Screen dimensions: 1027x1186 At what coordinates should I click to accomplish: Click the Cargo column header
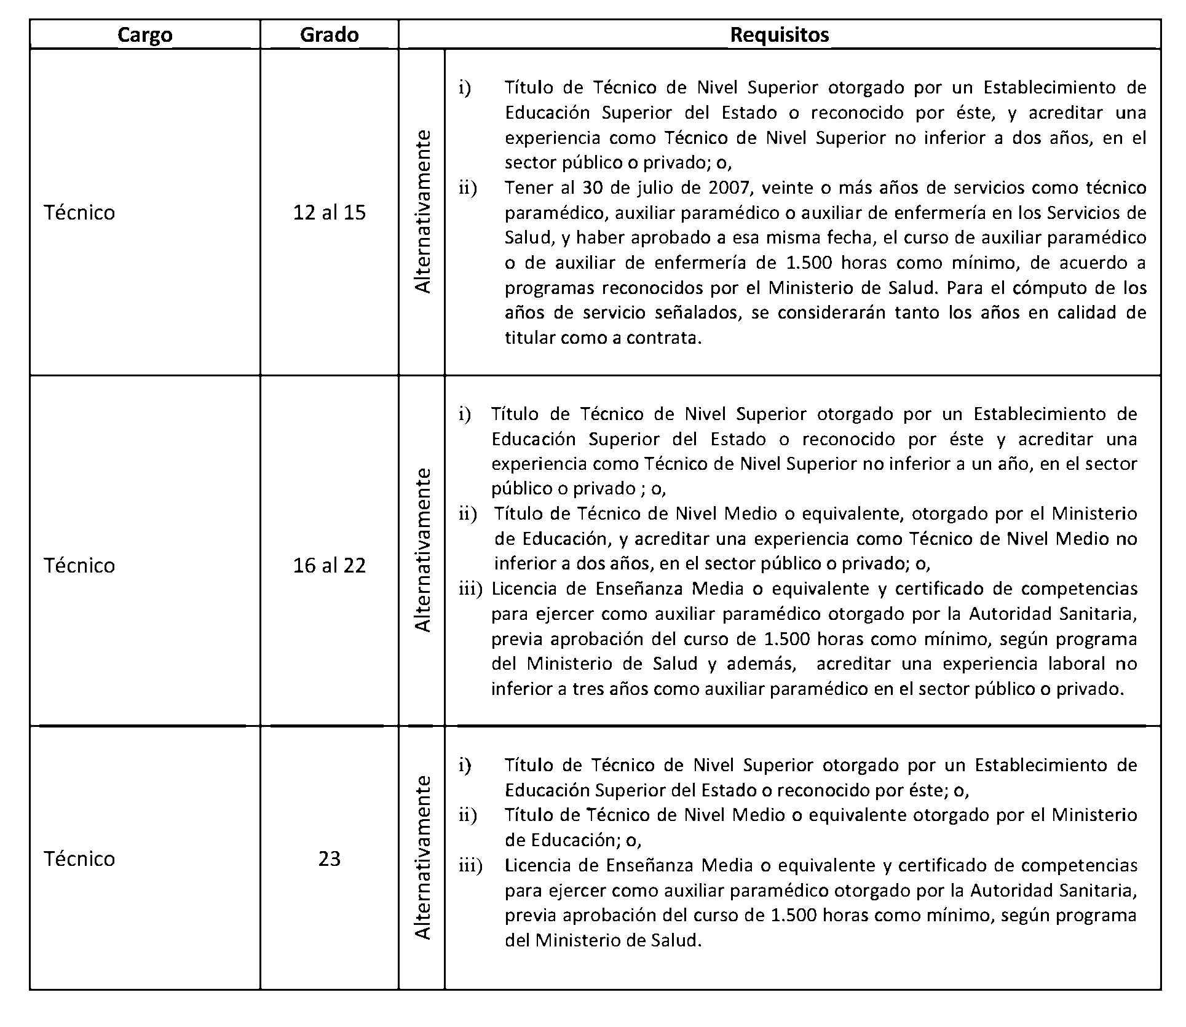pos(144,35)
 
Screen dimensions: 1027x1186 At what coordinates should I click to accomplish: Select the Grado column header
pos(329,35)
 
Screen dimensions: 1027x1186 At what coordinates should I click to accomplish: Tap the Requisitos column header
pos(779,35)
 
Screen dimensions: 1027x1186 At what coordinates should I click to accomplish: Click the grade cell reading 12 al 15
pos(329,213)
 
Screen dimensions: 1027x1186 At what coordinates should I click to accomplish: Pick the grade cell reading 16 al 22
pos(329,566)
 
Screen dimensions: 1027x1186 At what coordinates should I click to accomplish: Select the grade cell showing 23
pos(329,859)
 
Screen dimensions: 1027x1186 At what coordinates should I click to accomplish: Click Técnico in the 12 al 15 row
pos(79,213)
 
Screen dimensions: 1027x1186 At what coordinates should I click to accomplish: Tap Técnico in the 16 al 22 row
pos(79,566)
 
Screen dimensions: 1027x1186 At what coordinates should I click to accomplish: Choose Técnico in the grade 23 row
pos(79,859)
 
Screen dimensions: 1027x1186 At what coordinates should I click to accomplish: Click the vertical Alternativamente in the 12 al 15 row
pos(422,212)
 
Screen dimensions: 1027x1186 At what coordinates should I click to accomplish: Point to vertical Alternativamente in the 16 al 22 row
pos(422,550)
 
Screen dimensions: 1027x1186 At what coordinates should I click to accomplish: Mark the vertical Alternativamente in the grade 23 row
pos(422,858)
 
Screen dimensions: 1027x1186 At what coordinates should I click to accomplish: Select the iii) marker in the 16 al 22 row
pos(470,589)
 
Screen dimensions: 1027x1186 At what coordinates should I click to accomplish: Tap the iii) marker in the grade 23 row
pos(470,866)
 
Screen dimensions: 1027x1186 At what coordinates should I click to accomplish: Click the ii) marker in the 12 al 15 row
pos(467,188)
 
